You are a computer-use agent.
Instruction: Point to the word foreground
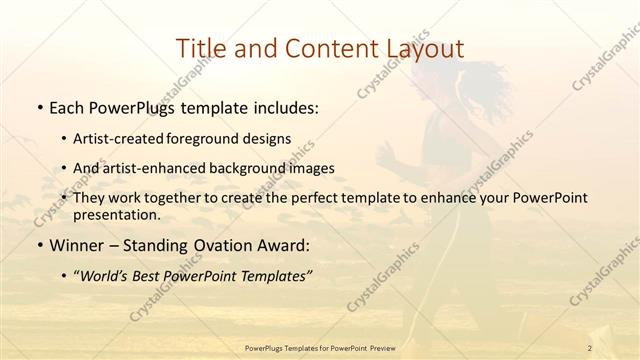point(214,138)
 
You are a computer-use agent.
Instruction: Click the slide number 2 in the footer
point(590,346)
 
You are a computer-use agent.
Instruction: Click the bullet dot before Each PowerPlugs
point(37,107)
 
